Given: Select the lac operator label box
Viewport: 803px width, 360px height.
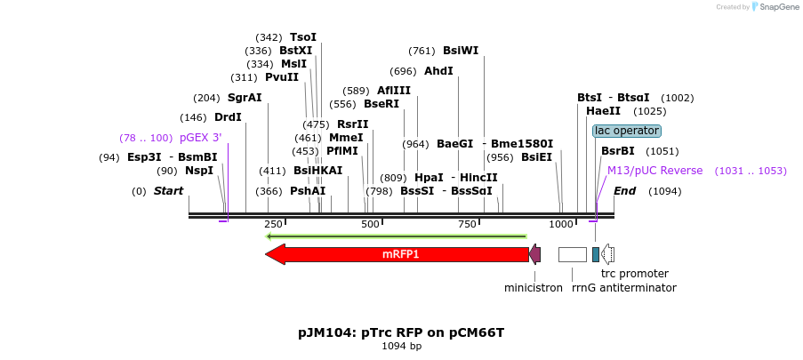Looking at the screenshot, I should coord(627,131).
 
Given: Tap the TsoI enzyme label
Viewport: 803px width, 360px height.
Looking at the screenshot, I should coord(302,37).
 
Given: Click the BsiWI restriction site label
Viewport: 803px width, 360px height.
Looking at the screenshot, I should coord(461,51).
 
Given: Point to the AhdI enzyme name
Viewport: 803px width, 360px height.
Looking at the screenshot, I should coord(438,71).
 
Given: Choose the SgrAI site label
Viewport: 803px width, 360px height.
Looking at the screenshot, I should coord(245,98).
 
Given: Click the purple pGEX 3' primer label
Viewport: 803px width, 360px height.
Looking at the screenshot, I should coord(200,138).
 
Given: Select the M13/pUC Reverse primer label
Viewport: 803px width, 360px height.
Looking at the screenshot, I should coord(654,171).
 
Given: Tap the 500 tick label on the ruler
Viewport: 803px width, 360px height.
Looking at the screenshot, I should coord(370,225).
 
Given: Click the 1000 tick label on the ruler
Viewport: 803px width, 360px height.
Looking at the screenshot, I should coord(561,225).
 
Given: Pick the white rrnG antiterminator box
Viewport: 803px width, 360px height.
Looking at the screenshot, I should coord(572,254).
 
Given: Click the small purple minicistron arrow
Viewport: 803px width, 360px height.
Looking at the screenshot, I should coord(534,254).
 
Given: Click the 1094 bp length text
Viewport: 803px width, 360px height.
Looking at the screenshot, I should coord(401,346).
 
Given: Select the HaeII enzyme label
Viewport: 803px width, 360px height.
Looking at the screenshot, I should coord(603,111).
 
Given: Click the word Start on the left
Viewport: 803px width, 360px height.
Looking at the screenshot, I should coord(168,191).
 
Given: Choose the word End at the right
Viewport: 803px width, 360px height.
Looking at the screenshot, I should coord(624,191).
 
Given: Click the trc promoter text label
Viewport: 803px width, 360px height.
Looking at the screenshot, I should coord(634,274).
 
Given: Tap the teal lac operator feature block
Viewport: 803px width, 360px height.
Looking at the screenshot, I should coord(596,254).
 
